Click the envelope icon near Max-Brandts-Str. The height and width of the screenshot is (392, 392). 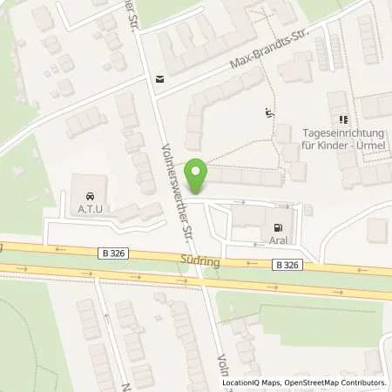coord(159,78)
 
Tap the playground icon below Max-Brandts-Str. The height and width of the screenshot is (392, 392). coord(267,112)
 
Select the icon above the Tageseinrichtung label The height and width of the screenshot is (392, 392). coord(341,119)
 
